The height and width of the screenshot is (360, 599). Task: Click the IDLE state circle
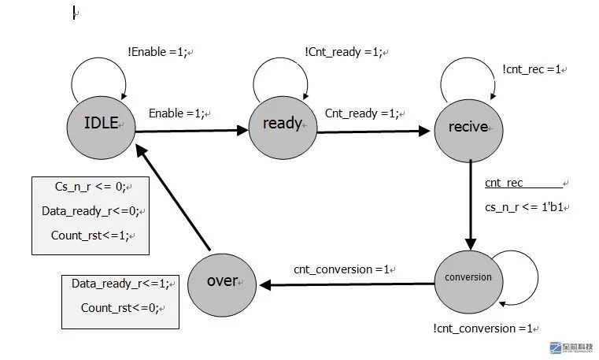click(x=102, y=128)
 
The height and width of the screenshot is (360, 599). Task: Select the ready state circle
click(x=283, y=128)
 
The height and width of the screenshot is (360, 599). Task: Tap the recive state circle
click(x=469, y=131)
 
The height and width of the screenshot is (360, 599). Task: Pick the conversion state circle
click(x=469, y=282)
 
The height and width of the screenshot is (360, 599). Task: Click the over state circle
click(x=222, y=285)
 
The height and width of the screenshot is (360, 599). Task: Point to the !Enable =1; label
click(x=157, y=52)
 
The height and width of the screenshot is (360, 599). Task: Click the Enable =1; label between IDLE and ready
click(x=177, y=113)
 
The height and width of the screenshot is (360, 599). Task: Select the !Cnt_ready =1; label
click(x=343, y=52)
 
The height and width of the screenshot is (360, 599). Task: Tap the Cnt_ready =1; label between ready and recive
click(x=362, y=113)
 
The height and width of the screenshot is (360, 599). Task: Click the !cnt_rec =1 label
click(x=532, y=69)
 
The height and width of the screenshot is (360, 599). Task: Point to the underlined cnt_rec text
click(x=504, y=183)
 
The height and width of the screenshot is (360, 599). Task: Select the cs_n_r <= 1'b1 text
click(x=524, y=207)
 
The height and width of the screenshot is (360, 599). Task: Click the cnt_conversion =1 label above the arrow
click(x=342, y=269)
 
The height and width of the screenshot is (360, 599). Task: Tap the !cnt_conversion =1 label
click(x=483, y=328)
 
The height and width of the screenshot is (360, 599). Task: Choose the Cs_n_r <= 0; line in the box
click(x=91, y=187)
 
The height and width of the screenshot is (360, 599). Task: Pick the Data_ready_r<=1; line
click(x=120, y=284)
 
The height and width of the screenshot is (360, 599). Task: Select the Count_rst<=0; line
click(x=120, y=308)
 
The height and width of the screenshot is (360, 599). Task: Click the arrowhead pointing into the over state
click(x=265, y=285)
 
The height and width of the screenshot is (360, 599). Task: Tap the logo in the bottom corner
click(x=571, y=347)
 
